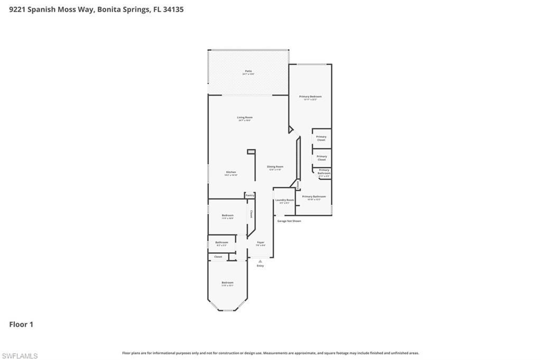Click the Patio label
point(248,71)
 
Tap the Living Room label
point(245,118)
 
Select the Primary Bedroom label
point(310,97)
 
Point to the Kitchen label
point(231,173)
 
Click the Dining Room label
point(275,167)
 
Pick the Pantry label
point(250,195)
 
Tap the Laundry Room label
point(284,200)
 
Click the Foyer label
point(260,243)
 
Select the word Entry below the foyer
point(260,266)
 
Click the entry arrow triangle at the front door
point(260,261)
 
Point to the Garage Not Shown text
point(289,221)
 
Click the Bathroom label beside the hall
point(221,243)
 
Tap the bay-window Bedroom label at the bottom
point(227,283)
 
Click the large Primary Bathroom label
point(314,197)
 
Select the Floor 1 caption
point(21,325)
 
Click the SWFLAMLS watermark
point(20,356)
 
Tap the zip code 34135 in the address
point(173,10)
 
